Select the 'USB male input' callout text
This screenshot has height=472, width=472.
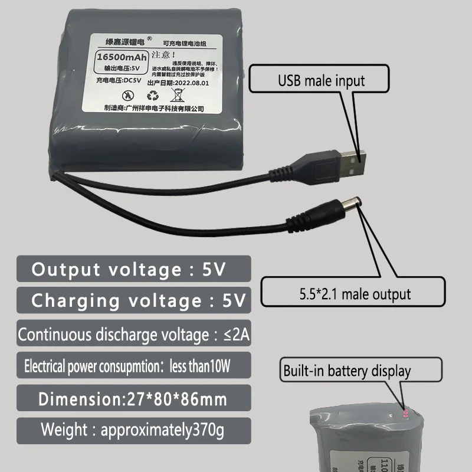[322, 80]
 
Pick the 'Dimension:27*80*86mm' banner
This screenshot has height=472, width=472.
[133, 398]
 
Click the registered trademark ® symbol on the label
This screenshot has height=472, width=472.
[149, 40]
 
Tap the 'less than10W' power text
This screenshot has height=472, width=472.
[201, 366]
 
